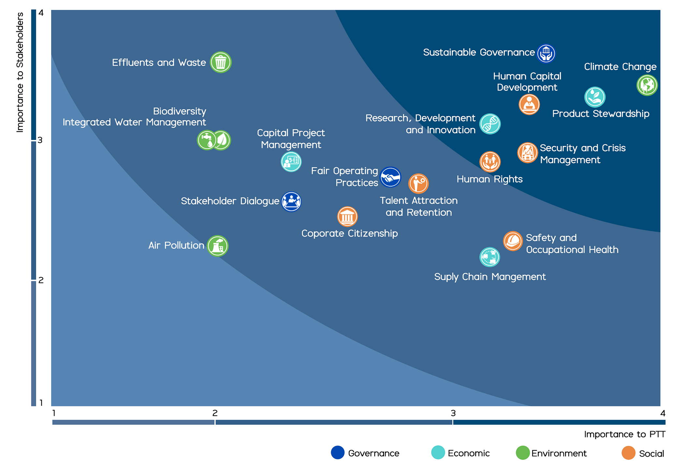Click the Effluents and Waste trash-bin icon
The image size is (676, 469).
tap(221, 62)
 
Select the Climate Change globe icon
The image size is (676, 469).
tap(647, 85)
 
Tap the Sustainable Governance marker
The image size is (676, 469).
tap(546, 53)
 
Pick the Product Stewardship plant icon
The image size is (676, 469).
tap(595, 97)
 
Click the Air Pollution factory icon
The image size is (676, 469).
tap(218, 246)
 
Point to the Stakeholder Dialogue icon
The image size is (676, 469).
tap(291, 201)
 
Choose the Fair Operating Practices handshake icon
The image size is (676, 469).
tap(390, 177)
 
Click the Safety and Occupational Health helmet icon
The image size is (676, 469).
tap(513, 241)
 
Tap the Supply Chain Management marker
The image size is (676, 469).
tap(490, 257)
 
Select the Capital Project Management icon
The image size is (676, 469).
tap(291, 162)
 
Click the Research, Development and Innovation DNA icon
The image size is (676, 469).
tap(490, 124)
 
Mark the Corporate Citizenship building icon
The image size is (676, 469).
tap(347, 216)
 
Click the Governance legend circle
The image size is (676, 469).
tap(338, 452)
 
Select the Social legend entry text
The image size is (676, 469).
tap(651, 454)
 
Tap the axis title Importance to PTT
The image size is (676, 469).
tap(625, 435)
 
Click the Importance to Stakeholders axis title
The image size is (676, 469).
tap(20, 72)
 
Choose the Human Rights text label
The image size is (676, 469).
tap(490, 179)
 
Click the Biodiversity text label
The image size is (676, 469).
tap(180, 111)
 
